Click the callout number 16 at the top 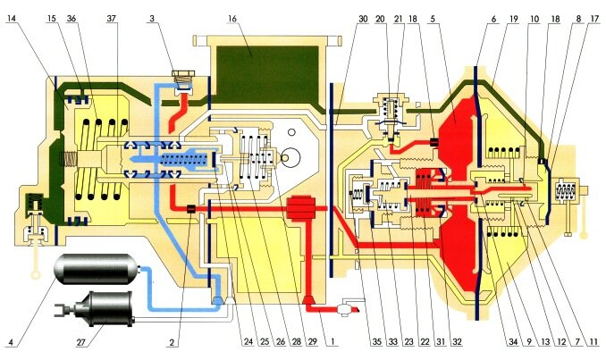tap(232, 18)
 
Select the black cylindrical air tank tap(97, 272)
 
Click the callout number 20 tap(380, 18)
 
